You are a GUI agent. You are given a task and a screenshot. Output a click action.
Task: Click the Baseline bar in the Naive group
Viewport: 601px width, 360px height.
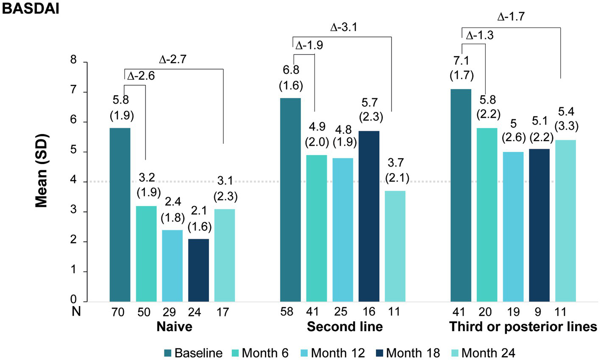click(120, 215)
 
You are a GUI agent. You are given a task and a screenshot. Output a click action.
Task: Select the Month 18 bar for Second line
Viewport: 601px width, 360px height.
click(369, 216)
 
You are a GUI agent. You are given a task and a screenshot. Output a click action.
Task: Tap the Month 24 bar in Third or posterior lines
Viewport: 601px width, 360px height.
click(565, 221)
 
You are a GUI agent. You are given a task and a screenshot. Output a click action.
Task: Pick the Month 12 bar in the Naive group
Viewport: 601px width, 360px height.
click(172, 265)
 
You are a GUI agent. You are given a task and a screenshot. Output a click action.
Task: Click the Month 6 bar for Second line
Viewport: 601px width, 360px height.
click(317, 228)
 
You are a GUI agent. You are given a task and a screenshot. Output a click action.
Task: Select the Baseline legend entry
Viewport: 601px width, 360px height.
click(193, 352)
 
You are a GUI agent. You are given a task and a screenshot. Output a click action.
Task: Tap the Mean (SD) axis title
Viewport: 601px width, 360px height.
click(42, 171)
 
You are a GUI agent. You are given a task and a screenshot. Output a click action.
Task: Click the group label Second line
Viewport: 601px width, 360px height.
click(345, 327)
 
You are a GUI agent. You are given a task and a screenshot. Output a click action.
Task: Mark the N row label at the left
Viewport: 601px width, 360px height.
click(76, 312)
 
